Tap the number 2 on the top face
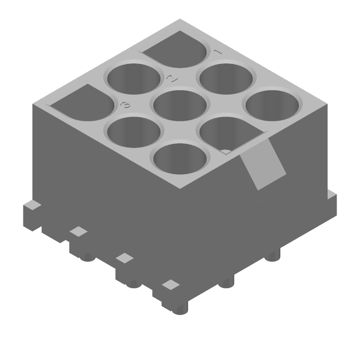[x=171, y=78]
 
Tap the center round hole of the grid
[x=180, y=105]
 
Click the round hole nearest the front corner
[x=181, y=158]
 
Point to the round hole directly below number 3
[x=134, y=131]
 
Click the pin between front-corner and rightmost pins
[x=227, y=283]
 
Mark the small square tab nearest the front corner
[x=170, y=284]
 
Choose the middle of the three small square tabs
[x=124, y=258]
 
